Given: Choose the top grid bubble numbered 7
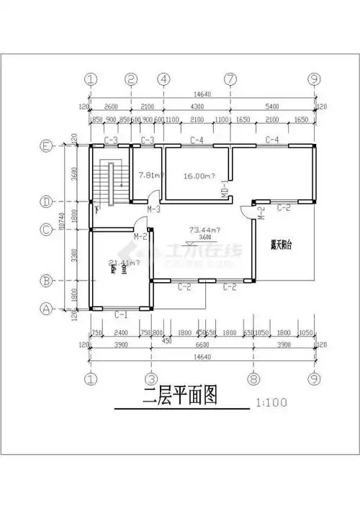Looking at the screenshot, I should coord(230,79).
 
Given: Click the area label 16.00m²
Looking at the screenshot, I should coord(199,176).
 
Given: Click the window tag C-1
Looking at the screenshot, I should coord(121,316).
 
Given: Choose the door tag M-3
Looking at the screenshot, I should coord(153,209).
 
